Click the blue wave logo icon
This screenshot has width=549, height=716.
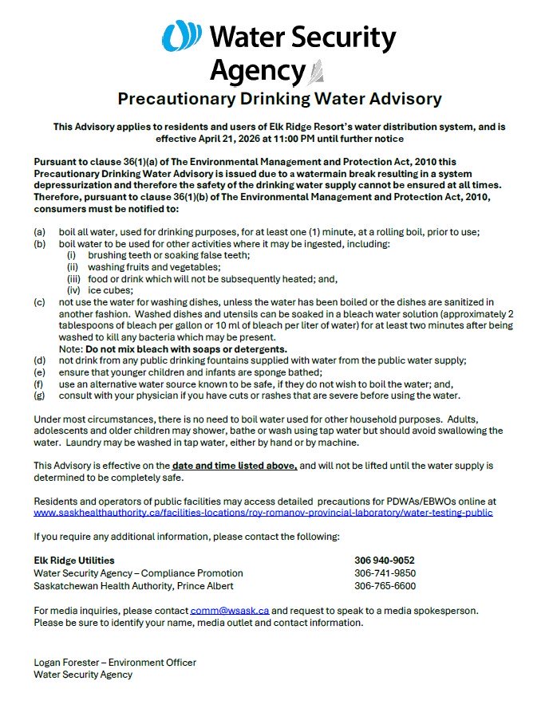(x=182, y=37)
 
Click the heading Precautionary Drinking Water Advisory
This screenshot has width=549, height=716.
(x=279, y=99)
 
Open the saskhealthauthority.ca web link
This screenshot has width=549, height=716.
(x=263, y=513)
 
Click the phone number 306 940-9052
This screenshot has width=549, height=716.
(x=385, y=561)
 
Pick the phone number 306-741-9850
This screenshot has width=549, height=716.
(x=385, y=573)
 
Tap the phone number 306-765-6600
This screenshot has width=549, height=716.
(x=385, y=586)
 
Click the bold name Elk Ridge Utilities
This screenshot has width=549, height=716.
(x=74, y=561)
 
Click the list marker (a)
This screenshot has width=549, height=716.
(x=39, y=231)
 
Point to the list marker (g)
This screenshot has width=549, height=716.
(x=39, y=396)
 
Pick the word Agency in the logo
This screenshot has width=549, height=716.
(x=257, y=72)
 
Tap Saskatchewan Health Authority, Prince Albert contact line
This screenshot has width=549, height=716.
(x=133, y=586)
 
